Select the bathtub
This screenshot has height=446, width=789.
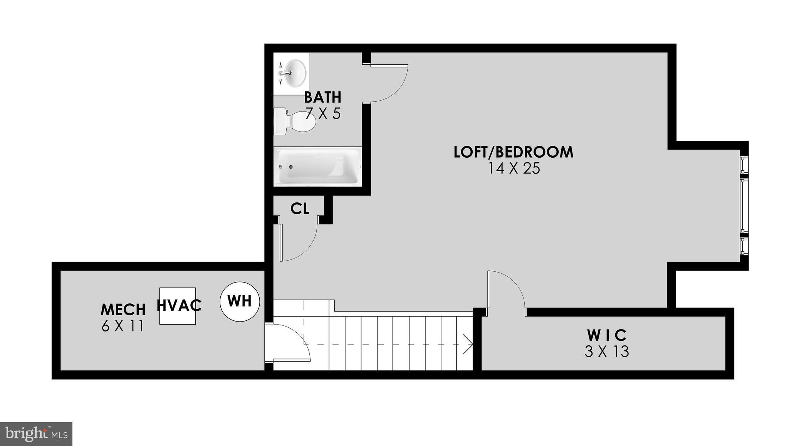click(319, 166)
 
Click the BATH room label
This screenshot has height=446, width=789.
click(323, 97)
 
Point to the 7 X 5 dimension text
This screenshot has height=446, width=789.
click(323, 114)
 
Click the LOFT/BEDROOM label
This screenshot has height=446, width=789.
click(514, 152)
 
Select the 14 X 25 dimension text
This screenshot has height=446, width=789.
click(514, 169)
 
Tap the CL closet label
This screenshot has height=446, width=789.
click(300, 209)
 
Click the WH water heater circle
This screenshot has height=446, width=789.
click(240, 301)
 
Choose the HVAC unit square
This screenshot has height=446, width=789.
click(178, 306)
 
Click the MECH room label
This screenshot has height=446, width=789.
click(123, 310)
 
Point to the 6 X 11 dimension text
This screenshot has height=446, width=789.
click(123, 326)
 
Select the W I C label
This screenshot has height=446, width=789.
click(607, 335)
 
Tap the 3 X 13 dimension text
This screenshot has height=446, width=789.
click(607, 352)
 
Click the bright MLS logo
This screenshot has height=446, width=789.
click(36, 434)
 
